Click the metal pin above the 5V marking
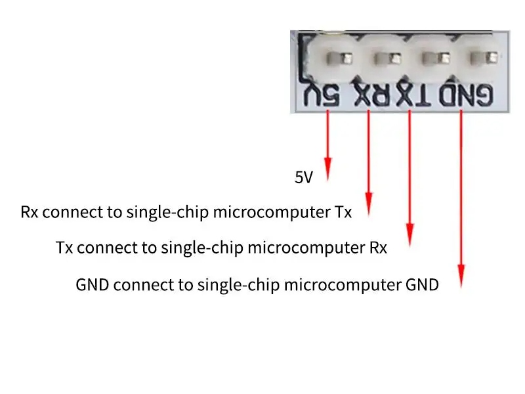(339, 58)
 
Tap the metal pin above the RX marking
(387, 59)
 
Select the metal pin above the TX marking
(436, 58)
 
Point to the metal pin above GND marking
(484, 58)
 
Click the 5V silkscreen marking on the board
(322, 95)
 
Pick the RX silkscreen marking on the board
(373, 95)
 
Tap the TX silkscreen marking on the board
(414, 95)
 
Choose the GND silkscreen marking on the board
(466, 95)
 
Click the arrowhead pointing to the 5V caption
(327, 169)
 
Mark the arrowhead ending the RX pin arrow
(369, 204)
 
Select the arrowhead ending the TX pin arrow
(409, 236)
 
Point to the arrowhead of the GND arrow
(461, 276)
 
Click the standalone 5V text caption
(304, 177)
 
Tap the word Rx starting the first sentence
(29, 212)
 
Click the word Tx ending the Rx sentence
(343, 212)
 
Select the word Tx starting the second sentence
(64, 248)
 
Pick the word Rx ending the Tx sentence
(379, 248)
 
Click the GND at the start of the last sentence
(93, 285)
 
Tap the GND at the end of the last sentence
(422, 285)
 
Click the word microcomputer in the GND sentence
(343, 286)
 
